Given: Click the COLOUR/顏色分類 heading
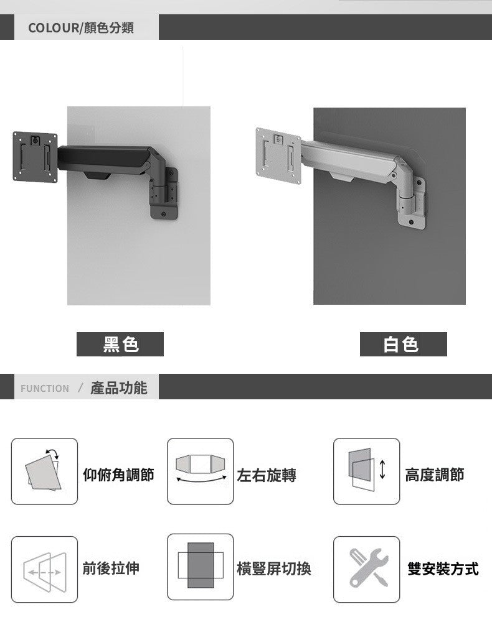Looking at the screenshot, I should pos(81,28).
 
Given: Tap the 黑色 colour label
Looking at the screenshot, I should pos(120,344).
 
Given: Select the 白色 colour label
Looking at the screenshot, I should pos(403,344).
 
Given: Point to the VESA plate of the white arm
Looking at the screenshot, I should pos(278,149).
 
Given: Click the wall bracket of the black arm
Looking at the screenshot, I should pos(164,196).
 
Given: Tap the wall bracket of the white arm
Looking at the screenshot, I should pos(411,199).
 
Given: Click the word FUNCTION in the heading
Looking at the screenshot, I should pos(45,389).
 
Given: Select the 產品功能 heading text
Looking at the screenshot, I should pos(119,388).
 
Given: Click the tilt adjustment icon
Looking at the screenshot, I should pos(44,471).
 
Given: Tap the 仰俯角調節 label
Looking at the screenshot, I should pos(118,476).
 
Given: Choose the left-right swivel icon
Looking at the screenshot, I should pos(200,471).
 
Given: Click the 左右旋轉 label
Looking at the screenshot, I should pos(267,476).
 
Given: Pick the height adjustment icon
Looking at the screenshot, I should pos(366,471).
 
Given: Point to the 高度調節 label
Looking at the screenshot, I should pos(434,476).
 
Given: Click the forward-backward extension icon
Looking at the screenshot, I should pos(44,569).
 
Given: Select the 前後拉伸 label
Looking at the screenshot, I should pos(111,568).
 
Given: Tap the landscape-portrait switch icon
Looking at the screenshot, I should pos(200,567).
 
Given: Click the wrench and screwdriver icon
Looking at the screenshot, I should pos(366,569).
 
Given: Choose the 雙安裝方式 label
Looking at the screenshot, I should pos(443,568).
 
